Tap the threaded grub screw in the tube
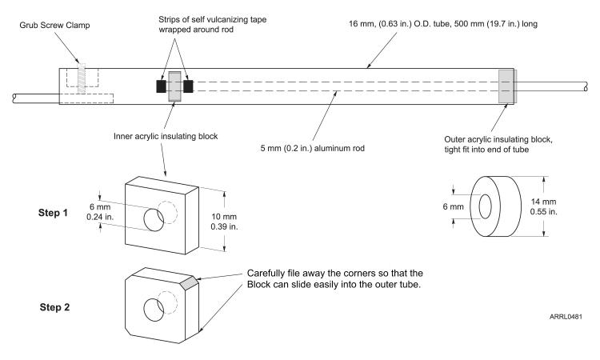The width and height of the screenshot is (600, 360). click(80, 78)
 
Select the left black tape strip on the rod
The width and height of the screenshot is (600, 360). click(160, 86)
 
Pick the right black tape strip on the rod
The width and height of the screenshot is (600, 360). click(189, 86)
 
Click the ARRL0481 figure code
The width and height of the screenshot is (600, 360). click(566, 318)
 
